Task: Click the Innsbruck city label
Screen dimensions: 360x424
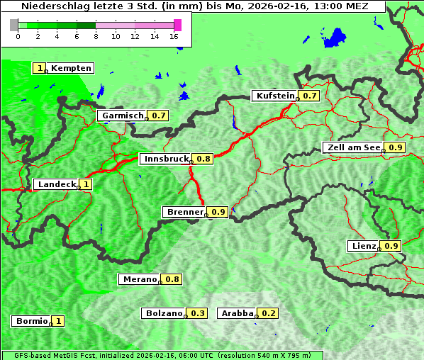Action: (166, 159)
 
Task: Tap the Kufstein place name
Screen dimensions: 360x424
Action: (274, 96)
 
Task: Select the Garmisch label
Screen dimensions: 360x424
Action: (122, 116)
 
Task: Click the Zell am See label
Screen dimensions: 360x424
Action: (352, 147)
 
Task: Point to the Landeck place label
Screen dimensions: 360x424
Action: (56, 184)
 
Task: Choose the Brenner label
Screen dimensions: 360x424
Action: (184, 212)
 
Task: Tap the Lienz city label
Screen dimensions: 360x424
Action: (362, 246)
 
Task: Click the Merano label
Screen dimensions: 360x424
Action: (139, 279)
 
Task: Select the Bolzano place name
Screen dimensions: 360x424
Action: (164, 313)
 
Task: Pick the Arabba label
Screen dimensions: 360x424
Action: (236, 313)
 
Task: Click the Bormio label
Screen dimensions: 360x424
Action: (31, 321)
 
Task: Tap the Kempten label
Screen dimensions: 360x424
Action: (71, 68)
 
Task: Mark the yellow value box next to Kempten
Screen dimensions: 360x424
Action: (40, 68)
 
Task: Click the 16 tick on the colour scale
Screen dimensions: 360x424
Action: (174, 37)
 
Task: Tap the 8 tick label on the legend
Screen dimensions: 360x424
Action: (95, 37)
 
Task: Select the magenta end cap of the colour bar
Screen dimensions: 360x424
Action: (177, 25)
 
